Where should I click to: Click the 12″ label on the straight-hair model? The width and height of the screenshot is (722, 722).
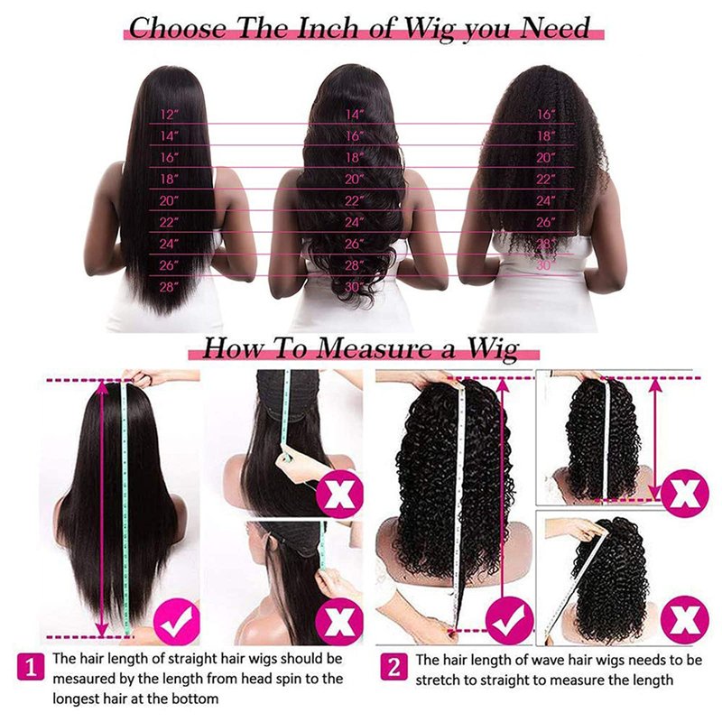tap(169, 115)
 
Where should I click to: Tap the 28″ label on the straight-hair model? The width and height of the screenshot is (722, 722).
tap(169, 287)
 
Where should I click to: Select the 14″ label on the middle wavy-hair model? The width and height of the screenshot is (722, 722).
tap(355, 115)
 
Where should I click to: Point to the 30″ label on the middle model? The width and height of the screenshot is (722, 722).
tap(355, 287)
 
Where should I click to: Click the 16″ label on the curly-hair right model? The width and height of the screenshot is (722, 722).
tap(546, 115)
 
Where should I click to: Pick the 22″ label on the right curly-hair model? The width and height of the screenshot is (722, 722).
tap(546, 179)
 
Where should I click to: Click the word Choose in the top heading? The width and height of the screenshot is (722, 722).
tap(177, 28)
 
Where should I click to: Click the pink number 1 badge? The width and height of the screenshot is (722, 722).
tap(31, 667)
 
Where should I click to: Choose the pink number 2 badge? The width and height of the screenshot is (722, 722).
tap(394, 666)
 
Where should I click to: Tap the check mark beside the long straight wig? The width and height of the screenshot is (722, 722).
tap(177, 621)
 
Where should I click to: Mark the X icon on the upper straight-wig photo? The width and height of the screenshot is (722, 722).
tap(341, 494)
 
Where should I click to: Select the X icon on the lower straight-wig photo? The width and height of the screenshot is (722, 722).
tap(341, 621)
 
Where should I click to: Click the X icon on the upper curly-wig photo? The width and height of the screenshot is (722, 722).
tap(684, 493)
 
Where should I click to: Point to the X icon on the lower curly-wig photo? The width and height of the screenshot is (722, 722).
tap(684, 619)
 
